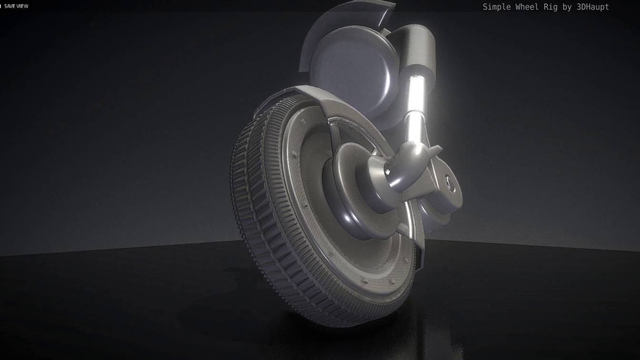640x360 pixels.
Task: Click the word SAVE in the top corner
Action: pyautogui.click(x=10, y=6)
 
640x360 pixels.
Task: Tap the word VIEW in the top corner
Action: pyautogui.click(x=22, y=6)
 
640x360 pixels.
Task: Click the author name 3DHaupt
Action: pyautogui.click(x=592, y=7)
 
